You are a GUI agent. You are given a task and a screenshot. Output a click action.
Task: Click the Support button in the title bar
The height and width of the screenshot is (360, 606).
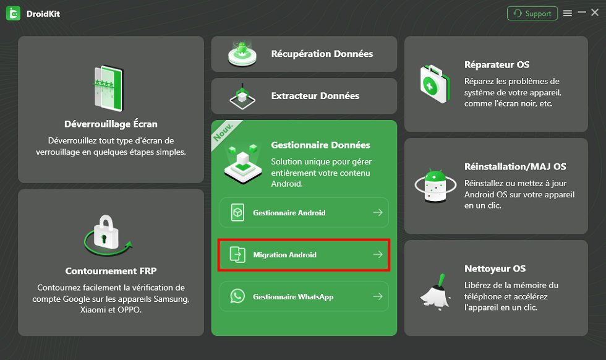tap(532, 14)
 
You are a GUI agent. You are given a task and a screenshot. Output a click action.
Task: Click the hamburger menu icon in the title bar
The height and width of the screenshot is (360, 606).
tap(568, 13)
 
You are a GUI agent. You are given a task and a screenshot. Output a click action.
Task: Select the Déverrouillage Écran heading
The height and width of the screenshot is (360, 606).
tap(111, 124)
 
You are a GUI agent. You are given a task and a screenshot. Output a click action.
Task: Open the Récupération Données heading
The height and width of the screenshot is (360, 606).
tap(322, 54)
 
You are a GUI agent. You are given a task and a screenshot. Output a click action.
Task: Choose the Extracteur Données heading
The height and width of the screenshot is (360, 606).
tap(315, 96)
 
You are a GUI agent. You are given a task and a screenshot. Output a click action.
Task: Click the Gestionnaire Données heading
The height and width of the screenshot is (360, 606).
tap(320, 145)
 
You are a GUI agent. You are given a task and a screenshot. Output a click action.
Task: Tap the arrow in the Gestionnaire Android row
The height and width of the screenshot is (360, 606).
tap(377, 213)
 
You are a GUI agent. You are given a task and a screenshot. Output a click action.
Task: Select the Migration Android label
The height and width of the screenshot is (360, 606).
tap(284, 255)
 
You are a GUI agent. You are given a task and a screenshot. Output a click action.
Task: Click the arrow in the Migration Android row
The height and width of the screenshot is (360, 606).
tap(377, 255)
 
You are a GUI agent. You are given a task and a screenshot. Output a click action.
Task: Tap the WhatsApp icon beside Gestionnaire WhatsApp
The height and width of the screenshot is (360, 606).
tap(237, 297)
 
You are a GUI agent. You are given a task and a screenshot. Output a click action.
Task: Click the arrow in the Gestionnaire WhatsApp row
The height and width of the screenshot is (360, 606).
tap(377, 297)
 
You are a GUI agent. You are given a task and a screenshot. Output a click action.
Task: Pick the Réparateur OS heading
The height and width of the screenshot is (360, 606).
tap(497, 64)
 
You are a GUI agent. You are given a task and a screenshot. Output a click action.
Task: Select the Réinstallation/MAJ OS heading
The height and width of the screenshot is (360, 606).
tap(515, 166)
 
